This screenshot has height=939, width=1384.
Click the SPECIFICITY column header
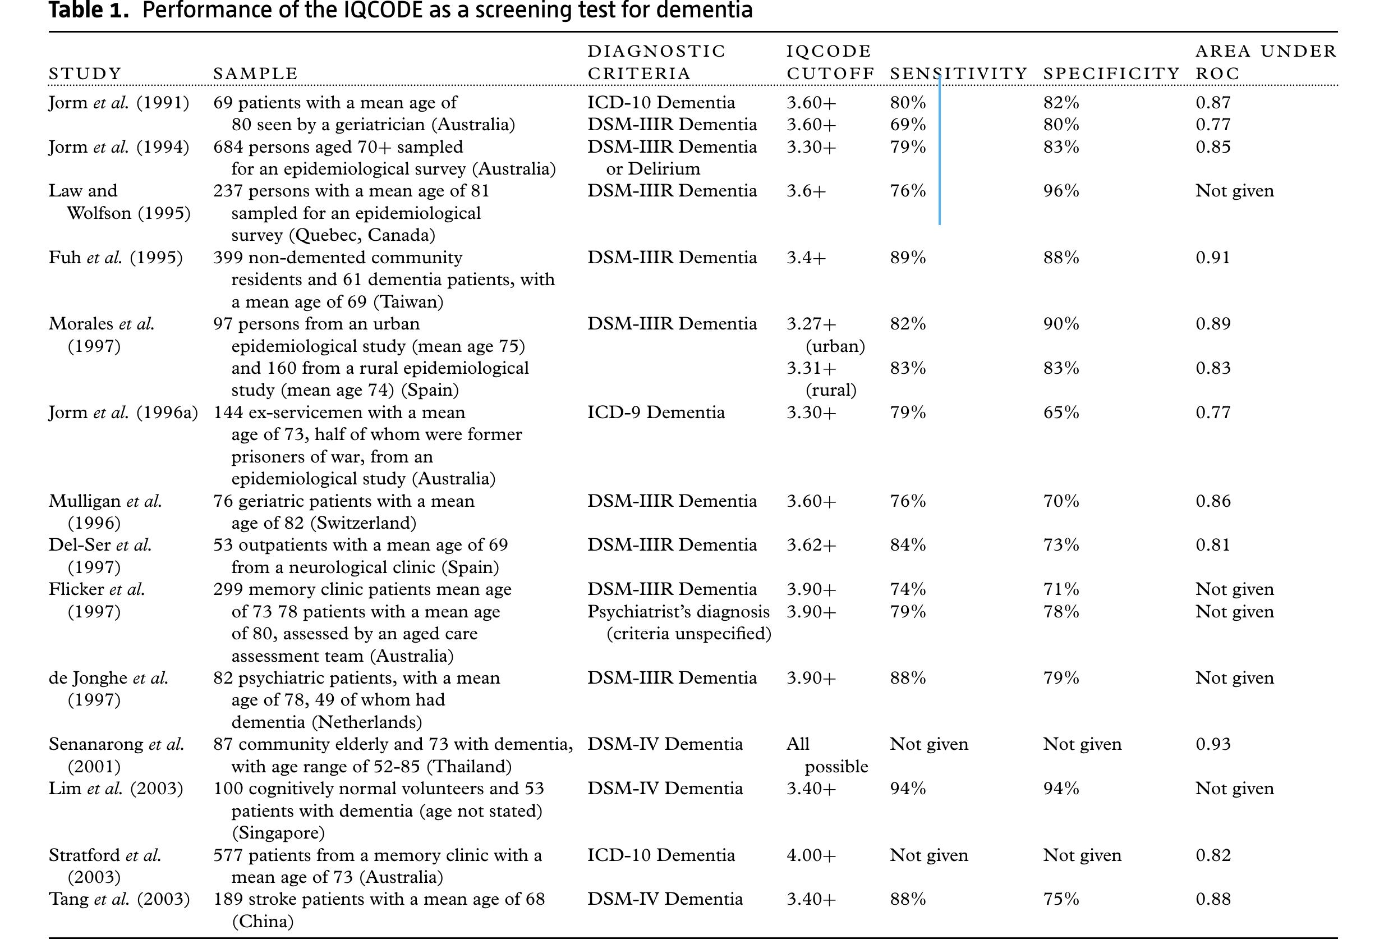pyautogui.click(x=1111, y=74)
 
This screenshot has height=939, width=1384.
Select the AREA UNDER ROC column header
pyautogui.click(x=1266, y=62)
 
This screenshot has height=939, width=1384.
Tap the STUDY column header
pyautogui.click(x=85, y=74)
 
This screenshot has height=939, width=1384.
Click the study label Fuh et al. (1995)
pyautogui.click(x=116, y=258)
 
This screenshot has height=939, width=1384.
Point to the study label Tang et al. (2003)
pyautogui.click(x=119, y=899)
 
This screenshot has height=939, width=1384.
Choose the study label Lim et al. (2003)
pyautogui.click(x=116, y=788)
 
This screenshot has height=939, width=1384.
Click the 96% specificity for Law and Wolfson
pyautogui.click(x=1061, y=191)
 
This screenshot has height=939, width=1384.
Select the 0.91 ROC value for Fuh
pyautogui.click(x=1212, y=258)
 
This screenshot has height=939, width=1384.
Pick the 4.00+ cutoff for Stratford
pyautogui.click(x=811, y=855)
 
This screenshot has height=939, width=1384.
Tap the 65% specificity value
pyautogui.click(x=1061, y=413)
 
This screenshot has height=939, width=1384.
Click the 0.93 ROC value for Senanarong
pyautogui.click(x=1212, y=744)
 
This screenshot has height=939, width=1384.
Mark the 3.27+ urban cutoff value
pyautogui.click(x=811, y=323)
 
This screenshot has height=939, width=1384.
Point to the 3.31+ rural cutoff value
pyautogui.click(x=811, y=368)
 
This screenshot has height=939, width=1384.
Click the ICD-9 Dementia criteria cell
pyautogui.click(x=656, y=413)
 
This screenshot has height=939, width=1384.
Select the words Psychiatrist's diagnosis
pyautogui.click(x=678, y=611)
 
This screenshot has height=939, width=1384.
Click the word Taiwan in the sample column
pyautogui.click(x=408, y=302)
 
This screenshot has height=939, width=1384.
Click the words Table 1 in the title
pyautogui.click(x=88, y=11)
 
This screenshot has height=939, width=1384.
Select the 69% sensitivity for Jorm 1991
pyautogui.click(x=908, y=125)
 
